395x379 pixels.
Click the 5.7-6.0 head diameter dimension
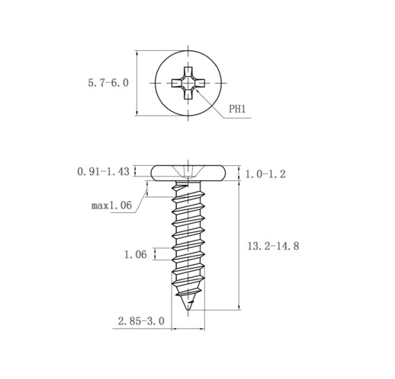108,83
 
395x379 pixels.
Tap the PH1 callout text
237,109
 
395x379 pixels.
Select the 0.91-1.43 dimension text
104,172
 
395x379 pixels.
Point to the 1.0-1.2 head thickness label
265,174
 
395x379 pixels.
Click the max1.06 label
111,205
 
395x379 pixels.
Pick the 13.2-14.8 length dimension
273,246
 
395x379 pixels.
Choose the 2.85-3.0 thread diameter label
141,321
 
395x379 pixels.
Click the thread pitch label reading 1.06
136,254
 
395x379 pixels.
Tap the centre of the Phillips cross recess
188,83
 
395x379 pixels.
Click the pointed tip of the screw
188,310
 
